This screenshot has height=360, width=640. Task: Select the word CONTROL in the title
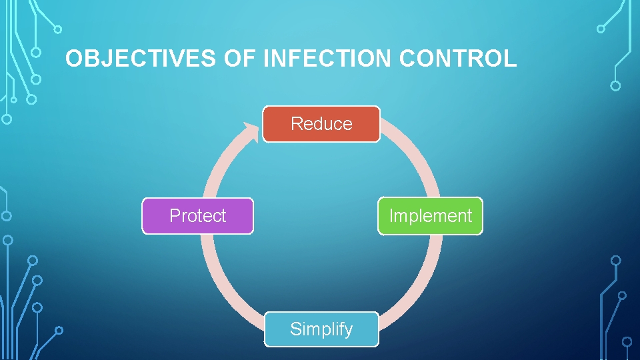pos(458,59)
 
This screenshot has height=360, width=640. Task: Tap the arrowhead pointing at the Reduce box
pos(251,131)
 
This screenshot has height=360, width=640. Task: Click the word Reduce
pos(321,123)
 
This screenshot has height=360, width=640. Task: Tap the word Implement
pos(430,215)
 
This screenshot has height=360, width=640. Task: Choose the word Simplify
pos(321,329)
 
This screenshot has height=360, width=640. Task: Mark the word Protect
pos(197,215)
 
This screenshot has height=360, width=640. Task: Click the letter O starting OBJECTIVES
pos(74,59)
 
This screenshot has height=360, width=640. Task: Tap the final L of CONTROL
pos(511,59)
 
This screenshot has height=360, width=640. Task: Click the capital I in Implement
pos(391,215)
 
